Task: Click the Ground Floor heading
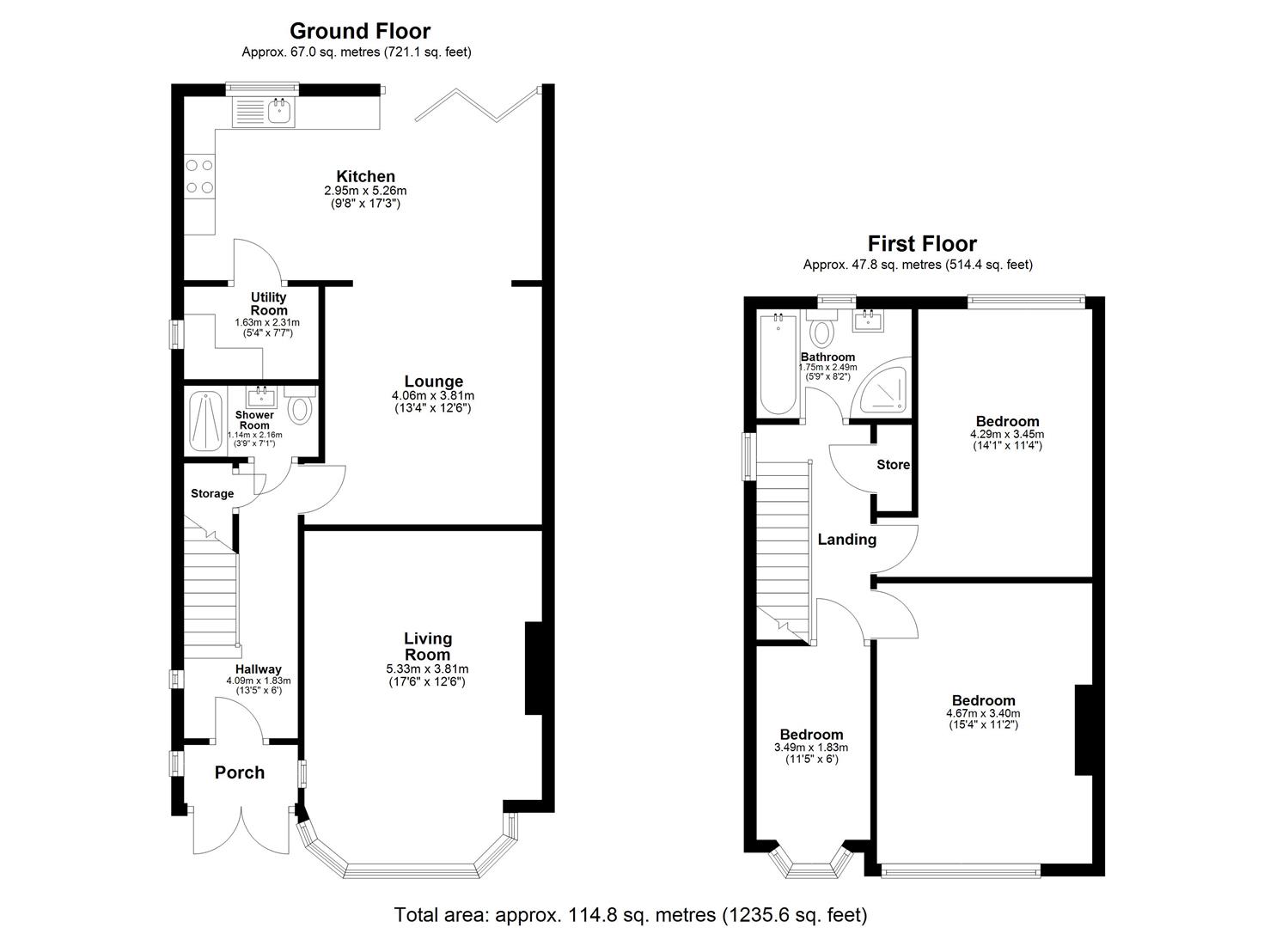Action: pyautogui.click(x=359, y=31)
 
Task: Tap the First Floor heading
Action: pyautogui.click(x=921, y=244)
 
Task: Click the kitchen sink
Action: pyautogui.click(x=279, y=110)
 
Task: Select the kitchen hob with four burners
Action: pyautogui.click(x=199, y=176)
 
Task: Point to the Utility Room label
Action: pyautogui.click(x=268, y=303)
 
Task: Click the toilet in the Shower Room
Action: pyautogui.click(x=299, y=406)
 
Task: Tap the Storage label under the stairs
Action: pyautogui.click(x=212, y=494)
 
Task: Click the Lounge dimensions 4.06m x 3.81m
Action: pyautogui.click(x=433, y=396)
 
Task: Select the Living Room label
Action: pyautogui.click(x=428, y=646)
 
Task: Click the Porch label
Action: pyautogui.click(x=240, y=772)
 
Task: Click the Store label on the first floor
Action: pyautogui.click(x=893, y=465)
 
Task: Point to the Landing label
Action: pyautogui.click(x=846, y=540)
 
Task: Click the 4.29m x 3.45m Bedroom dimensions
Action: pyautogui.click(x=1007, y=435)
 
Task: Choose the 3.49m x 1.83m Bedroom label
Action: pyautogui.click(x=811, y=735)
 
